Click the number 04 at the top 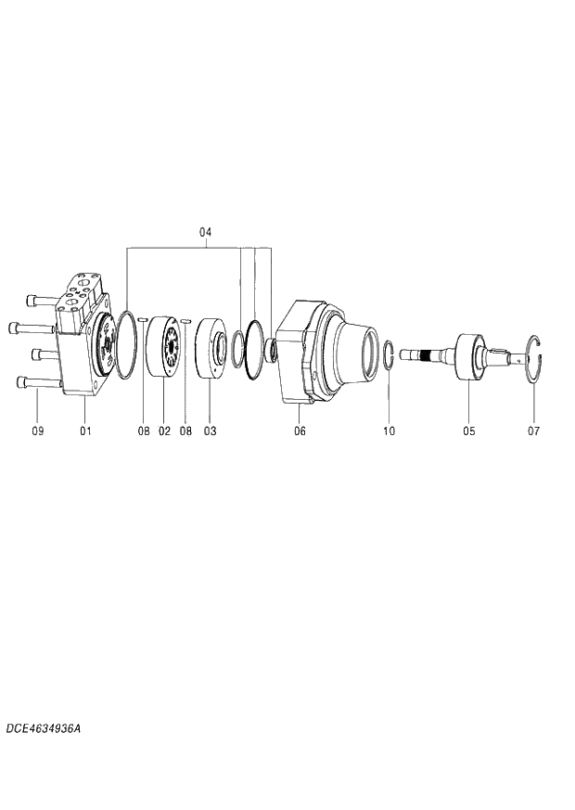click(x=206, y=232)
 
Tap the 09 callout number click(x=38, y=431)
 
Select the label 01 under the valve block click(x=85, y=431)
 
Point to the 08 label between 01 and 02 click(x=144, y=431)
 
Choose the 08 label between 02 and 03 click(x=186, y=431)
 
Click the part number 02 click(x=164, y=431)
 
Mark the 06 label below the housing click(x=300, y=431)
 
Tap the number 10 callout click(x=389, y=431)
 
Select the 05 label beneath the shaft click(x=469, y=431)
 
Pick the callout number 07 click(x=533, y=431)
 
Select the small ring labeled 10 click(x=390, y=356)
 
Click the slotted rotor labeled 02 click(x=164, y=346)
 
